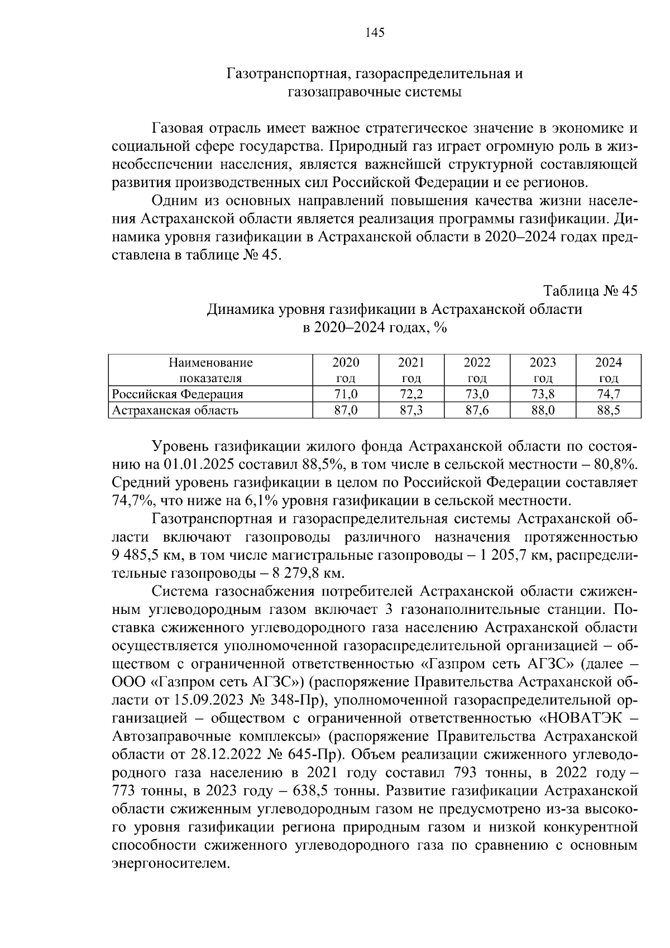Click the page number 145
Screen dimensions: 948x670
tap(375, 33)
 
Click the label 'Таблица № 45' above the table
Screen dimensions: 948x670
tap(591, 291)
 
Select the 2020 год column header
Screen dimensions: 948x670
tap(346, 370)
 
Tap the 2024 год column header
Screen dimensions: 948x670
tap(608, 370)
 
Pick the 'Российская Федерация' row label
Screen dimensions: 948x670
tap(178, 394)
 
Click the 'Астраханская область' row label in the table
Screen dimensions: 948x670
tap(175, 411)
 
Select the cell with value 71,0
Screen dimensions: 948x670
tap(346, 394)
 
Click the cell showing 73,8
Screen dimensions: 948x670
tap(542, 394)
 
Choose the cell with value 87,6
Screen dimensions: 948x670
tap(477, 411)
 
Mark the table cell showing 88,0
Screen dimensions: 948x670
tap(542, 411)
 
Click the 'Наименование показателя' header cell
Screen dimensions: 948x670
tap(210, 370)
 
